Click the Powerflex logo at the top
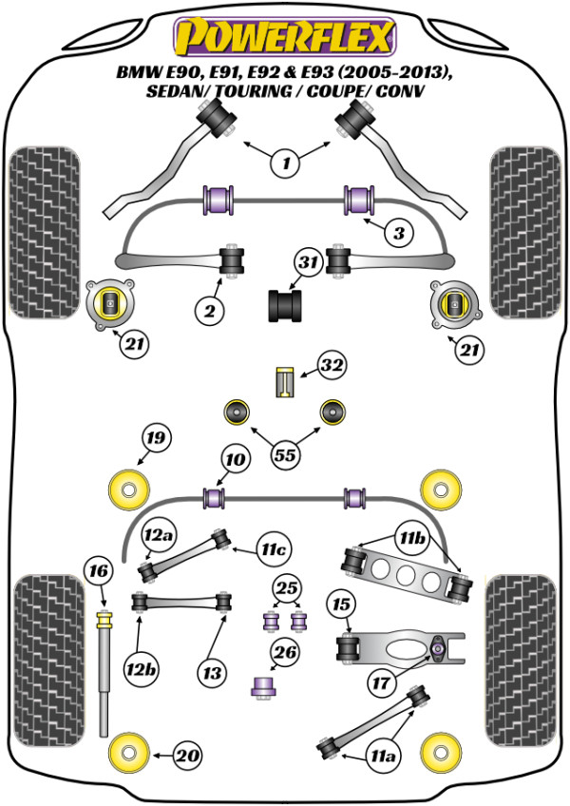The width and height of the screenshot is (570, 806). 283,37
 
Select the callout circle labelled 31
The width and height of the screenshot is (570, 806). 307,265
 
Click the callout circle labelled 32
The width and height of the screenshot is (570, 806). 332,366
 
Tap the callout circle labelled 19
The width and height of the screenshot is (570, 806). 156,438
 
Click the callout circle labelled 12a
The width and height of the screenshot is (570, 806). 158,537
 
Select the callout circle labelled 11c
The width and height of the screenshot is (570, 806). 275,548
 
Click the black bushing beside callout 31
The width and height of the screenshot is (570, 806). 282,306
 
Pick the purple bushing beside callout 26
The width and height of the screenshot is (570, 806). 261,684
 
